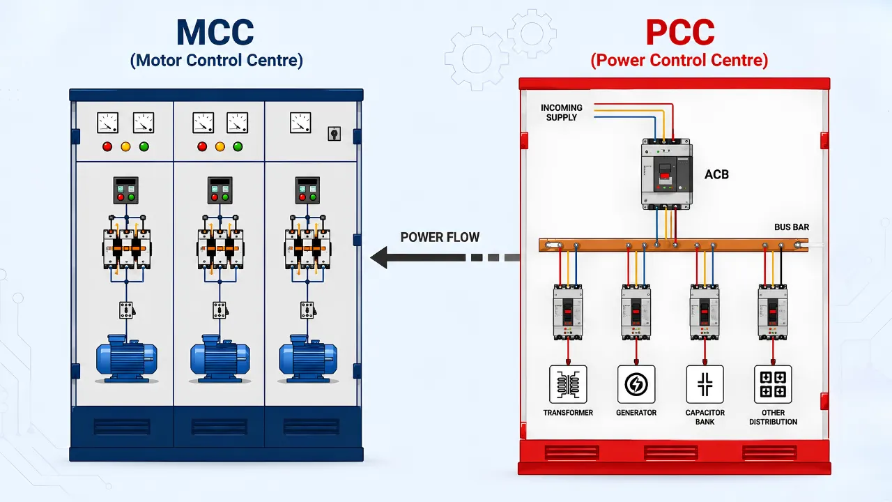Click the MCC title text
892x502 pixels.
(x=215, y=32)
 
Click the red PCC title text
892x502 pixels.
(x=680, y=32)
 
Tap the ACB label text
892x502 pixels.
(x=716, y=174)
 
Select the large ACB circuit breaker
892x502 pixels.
(x=666, y=174)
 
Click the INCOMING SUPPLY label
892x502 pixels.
(x=562, y=112)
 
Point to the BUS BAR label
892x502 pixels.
(x=792, y=227)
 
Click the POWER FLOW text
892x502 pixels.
(x=440, y=237)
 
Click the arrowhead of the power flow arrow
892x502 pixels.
(x=378, y=257)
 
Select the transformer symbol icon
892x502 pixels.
(x=568, y=384)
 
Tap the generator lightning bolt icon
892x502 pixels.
(x=636, y=384)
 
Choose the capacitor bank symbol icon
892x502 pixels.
(x=705, y=384)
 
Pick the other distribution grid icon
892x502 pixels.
(x=773, y=384)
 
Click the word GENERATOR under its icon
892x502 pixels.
(x=636, y=413)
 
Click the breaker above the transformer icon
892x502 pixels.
(x=568, y=312)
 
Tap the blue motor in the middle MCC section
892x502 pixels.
(x=220, y=358)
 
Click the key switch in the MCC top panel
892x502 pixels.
(x=334, y=133)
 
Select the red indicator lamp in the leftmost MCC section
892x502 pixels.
(x=107, y=146)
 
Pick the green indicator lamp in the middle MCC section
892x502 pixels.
(x=238, y=146)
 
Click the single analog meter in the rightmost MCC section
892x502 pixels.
(x=300, y=123)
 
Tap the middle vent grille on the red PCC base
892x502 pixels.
(x=670, y=453)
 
